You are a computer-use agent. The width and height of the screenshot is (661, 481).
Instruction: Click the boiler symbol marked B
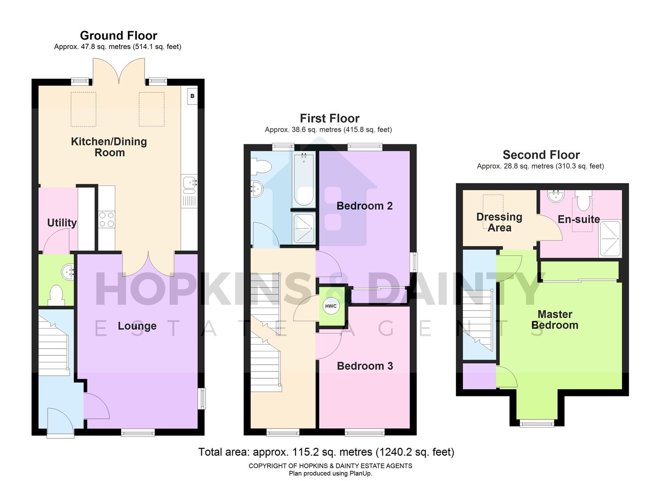[x=192, y=96]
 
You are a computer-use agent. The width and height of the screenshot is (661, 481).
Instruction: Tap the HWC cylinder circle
[x=331, y=306]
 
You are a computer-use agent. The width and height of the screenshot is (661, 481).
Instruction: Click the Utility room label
[x=62, y=223]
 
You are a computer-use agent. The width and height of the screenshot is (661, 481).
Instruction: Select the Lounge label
[x=137, y=326]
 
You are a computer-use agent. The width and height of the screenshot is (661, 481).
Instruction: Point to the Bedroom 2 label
[x=365, y=206]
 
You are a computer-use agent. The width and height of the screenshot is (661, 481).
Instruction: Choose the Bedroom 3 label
[x=365, y=366]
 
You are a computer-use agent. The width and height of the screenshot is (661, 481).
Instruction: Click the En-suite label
[x=579, y=219]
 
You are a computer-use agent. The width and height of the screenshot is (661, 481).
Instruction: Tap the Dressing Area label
[x=499, y=222]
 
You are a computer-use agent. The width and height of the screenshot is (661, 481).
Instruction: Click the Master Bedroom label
[x=555, y=320]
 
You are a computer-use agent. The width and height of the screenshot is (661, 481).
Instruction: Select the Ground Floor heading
[x=118, y=36]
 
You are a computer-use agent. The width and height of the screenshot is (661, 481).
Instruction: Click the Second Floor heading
[x=541, y=155]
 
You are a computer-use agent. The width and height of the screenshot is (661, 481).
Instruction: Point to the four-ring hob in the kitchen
[x=106, y=220]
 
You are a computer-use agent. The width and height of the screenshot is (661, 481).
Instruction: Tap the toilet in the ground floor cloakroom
[x=56, y=295]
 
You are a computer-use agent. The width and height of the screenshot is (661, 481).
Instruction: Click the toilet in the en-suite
[x=583, y=202]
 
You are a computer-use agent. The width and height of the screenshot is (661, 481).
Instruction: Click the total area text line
[x=326, y=452]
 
